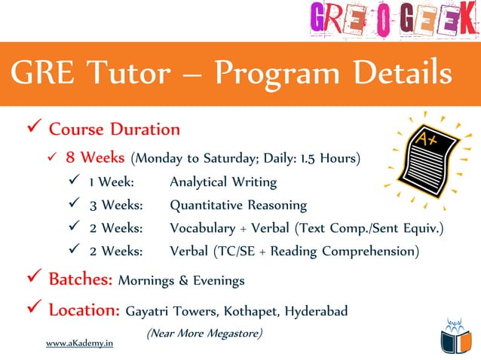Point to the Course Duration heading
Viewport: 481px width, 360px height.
pyautogui.click(x=114, y=129)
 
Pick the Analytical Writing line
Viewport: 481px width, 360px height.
pyautogui.click(x=222, y=182)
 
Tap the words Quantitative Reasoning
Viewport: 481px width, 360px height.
pyautogui.click(x=237, y=205)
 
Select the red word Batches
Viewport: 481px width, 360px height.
pyautogui.click(x=81, y=280)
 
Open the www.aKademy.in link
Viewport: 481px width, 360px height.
pyautogui.click(x=79, y=343)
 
